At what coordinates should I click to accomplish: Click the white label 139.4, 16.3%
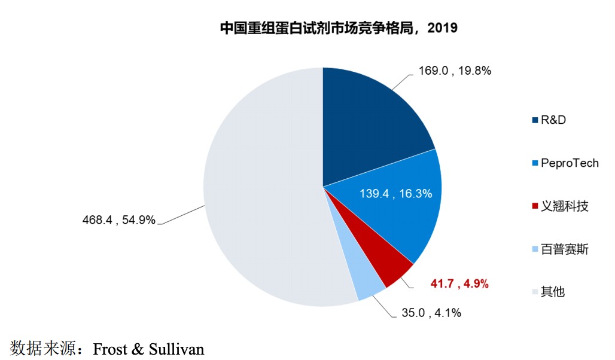tap(396, 194)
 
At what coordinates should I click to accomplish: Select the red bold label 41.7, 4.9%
tap(459, 284)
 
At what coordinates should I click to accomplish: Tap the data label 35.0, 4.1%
tap(431, 312)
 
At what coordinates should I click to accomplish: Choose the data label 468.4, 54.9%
tap(118, 220)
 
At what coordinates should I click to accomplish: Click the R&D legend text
tap(553, 120)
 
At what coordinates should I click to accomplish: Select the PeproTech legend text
tap(570, 163)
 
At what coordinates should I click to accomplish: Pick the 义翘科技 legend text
tap(565, 206)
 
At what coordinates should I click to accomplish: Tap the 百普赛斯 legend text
tap(565, 249)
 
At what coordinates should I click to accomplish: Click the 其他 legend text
tap(553, 292)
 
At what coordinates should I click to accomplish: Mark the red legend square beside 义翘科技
tap(535, 207)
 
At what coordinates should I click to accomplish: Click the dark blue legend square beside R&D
tap(535, 120)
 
